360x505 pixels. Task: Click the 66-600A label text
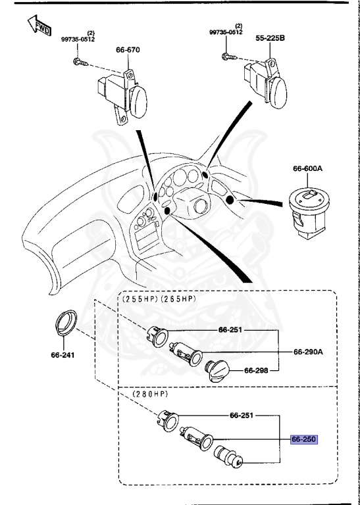point(308,169)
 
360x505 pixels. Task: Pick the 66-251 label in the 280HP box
point(243,416)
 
